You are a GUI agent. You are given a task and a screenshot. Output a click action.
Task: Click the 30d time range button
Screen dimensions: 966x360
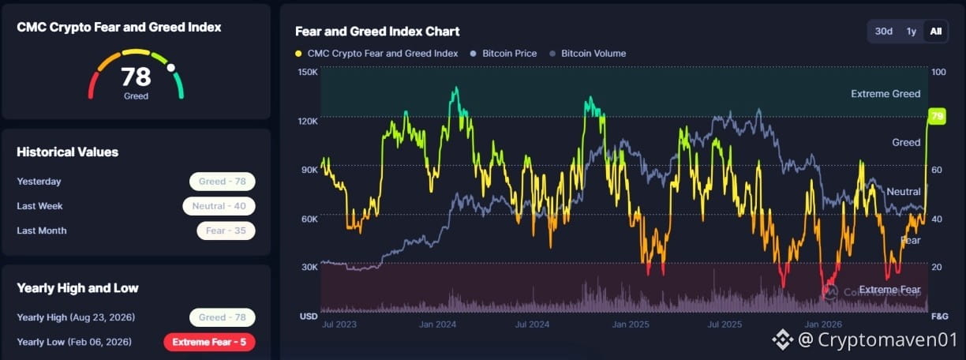[884, 32]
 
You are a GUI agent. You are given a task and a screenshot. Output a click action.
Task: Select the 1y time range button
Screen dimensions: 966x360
[912, 32]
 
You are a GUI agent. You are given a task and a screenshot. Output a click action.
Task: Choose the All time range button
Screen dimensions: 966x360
[936, 32]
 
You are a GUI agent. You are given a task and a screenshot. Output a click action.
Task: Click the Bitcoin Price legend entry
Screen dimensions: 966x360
[504, 54]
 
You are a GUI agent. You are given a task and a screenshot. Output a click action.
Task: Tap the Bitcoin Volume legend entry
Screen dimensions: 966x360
[588, 54]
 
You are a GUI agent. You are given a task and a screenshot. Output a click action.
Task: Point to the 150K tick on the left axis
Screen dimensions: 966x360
[308, 72]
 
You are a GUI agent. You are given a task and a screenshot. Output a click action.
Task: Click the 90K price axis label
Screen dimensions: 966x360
[309, 170]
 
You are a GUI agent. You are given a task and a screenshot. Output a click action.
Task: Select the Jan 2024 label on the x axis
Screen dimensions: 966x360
[437, 324]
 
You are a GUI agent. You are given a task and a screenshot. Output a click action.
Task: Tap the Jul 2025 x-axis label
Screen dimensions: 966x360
[724, 324]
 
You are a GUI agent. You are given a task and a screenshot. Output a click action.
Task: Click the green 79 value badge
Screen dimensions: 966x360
[937, 116]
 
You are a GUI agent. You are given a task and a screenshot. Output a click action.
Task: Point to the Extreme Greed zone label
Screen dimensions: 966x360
[885, 94]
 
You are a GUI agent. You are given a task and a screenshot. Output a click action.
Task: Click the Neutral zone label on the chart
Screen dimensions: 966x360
[904, 191]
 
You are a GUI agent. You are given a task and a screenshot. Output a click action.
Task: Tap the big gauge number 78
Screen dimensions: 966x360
[136, 77]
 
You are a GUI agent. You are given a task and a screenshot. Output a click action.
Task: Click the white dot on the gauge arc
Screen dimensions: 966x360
[170, 68]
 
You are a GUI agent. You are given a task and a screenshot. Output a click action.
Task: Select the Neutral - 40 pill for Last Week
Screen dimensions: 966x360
[219, 206]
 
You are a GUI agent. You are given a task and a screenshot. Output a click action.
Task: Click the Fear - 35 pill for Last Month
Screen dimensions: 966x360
[226, 231]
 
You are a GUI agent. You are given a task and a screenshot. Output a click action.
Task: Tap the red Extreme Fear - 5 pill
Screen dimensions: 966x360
[209, 342]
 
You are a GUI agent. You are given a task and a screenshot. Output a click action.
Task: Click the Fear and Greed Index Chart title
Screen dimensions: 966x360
[377, 32]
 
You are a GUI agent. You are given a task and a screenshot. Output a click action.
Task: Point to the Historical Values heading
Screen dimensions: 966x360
[67, 152]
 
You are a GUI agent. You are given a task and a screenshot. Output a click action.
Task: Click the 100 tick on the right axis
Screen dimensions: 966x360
[939, 72]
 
